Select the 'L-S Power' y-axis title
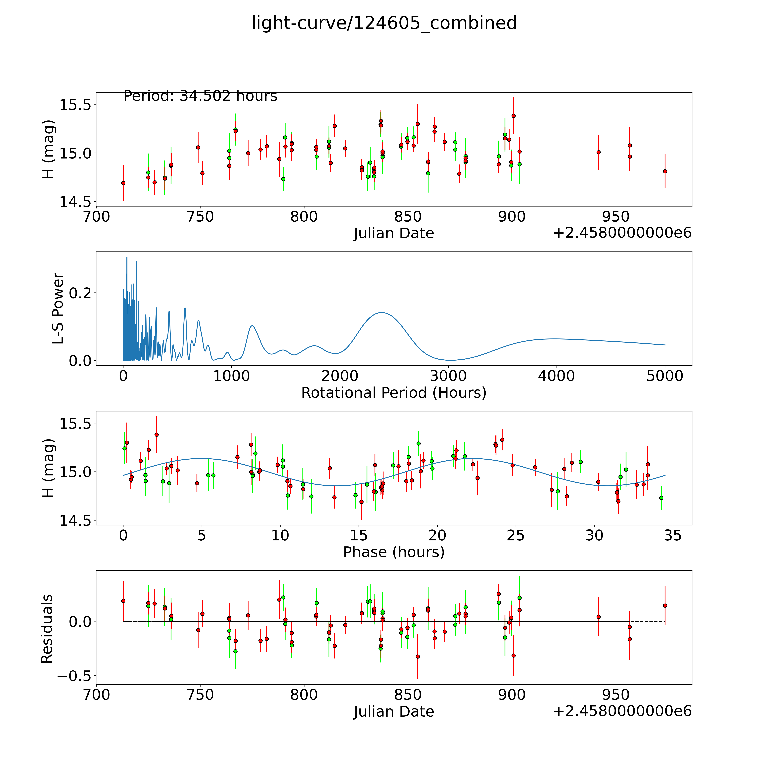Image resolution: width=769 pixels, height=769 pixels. point(58,308)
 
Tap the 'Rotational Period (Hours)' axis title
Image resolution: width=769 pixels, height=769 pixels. point(394,393)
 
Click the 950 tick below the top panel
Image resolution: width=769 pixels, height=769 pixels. point(616,217)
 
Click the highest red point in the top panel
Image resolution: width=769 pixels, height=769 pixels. point(514,116)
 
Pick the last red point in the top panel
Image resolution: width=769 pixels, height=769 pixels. point(665,171)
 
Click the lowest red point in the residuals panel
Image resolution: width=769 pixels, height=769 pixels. point(418,657)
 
